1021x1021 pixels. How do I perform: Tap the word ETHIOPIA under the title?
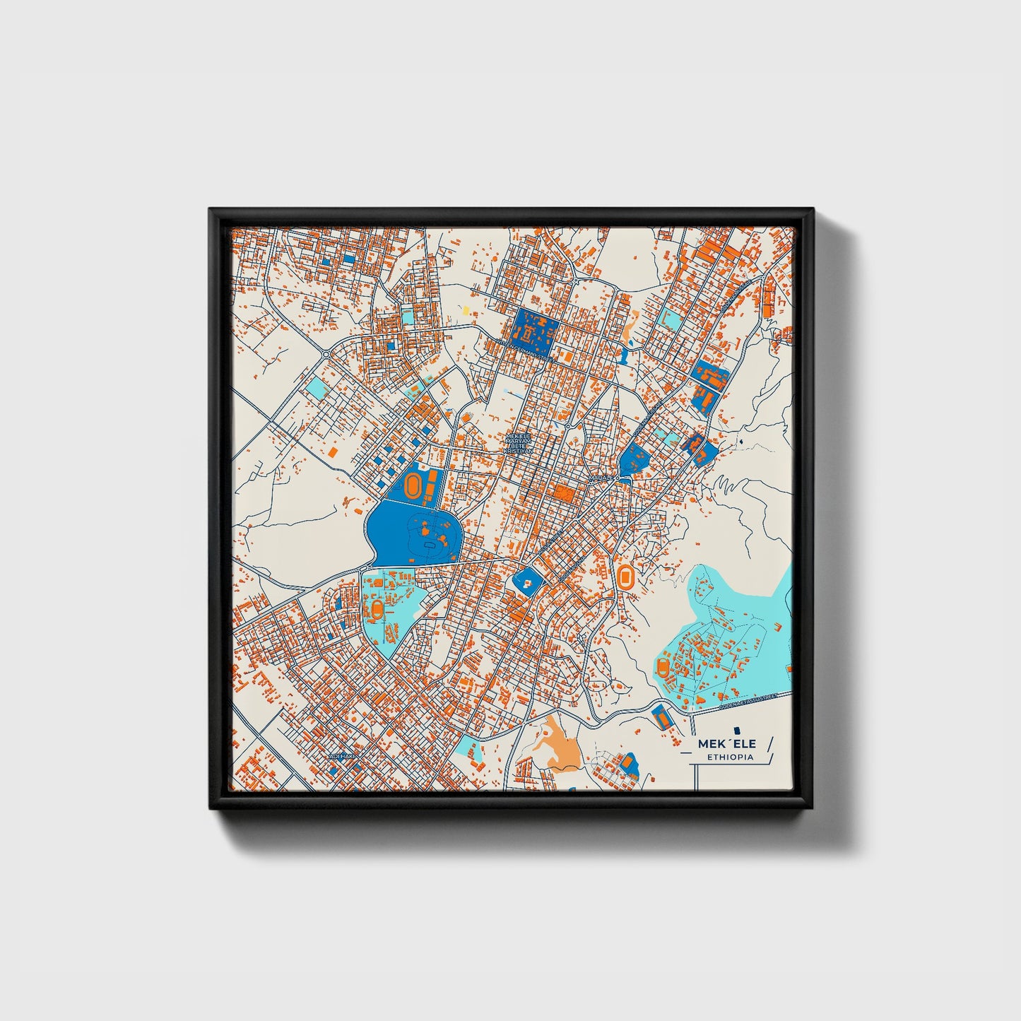point(730,757)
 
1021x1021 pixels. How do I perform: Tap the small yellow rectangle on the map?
point(466,309)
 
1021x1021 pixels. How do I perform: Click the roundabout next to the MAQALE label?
point(617,478)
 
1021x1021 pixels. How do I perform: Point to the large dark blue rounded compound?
point(413,533)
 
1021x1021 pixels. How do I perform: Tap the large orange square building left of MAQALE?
point(562,493)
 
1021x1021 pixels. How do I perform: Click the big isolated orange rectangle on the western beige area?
point(331,451)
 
